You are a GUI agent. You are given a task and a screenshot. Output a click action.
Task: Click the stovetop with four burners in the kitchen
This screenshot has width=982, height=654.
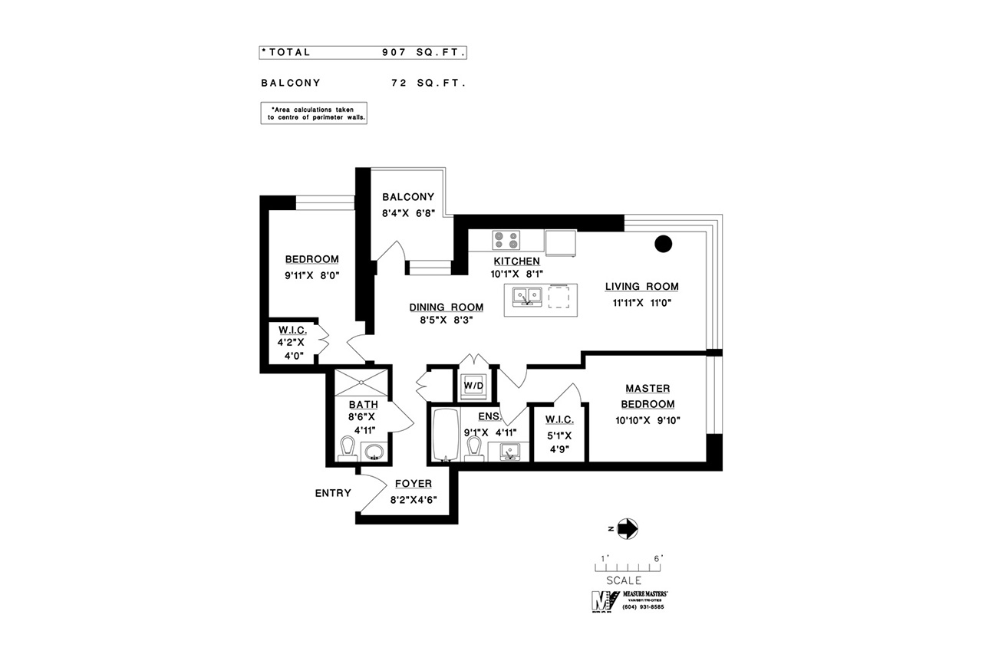point(506,240)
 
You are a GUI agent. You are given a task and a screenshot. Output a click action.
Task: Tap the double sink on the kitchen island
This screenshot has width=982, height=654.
point(527,296)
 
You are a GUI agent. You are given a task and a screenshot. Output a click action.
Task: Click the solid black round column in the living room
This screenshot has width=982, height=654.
point(663,244)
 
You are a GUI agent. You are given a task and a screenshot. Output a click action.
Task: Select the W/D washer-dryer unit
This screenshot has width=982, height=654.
point(473,386)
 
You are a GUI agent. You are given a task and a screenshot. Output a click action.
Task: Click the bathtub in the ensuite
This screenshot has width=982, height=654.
point(446,435)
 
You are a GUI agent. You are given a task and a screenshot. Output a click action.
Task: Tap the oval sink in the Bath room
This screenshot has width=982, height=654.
point(374,451)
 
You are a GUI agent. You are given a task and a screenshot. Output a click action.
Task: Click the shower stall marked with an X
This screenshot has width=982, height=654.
point(361,383)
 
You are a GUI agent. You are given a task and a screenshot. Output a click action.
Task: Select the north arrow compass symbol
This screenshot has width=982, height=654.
point(628,529)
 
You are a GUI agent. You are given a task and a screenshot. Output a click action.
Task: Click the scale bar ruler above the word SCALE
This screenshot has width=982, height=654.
point(628,567)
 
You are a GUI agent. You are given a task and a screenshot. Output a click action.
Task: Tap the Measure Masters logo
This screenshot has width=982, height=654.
point(630,601)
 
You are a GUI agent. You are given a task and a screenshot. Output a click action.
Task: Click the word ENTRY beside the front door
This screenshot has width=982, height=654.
point(333,493)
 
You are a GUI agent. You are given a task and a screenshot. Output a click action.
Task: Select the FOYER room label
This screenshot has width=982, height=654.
point(414,484)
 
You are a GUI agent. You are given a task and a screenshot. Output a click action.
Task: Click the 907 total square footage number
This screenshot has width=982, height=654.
point(394,53)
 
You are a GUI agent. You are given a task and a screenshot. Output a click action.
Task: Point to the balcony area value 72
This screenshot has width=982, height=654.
point(399,84)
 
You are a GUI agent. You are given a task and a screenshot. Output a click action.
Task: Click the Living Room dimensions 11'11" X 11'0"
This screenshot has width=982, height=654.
point(642,303)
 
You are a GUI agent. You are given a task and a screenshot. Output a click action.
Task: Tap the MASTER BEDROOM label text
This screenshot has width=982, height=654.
point(648,396)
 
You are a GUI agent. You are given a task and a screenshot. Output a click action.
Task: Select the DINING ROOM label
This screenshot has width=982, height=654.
point(447,307)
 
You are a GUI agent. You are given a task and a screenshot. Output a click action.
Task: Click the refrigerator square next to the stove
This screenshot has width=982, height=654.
point(560,243)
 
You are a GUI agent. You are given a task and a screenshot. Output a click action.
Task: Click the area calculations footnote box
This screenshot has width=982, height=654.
point(314,113)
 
